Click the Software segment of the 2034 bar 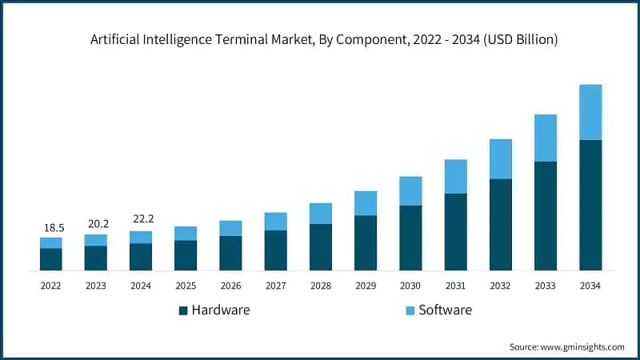[x=590, y=112]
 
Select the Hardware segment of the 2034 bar [x=590, y=205]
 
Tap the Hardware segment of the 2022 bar [x=50, y=259]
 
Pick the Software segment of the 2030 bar [x=410, y=191]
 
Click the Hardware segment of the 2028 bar [x=321, y=246]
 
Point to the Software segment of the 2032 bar [x=501, y=159]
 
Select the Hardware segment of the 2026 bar [x=230, y=253]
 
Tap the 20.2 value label [x=95, y=225]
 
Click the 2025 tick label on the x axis [x=186, y=285]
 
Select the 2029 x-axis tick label [x=366, y=285]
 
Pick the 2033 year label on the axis [x=546, y=285]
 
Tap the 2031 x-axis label [x=455, y=285]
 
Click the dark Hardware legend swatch [x=183, y=310]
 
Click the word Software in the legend [x=446, y=310]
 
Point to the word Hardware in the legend [x=221, y=310]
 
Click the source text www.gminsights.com [x=583, y=346]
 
